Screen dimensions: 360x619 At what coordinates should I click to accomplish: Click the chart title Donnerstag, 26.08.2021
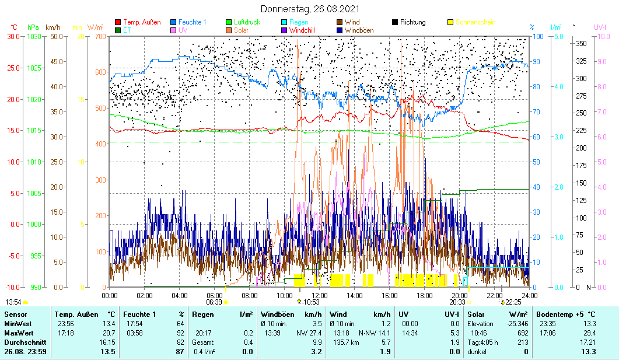[x=310, y=9]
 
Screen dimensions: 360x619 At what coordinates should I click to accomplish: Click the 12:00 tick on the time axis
[x=320, y=295]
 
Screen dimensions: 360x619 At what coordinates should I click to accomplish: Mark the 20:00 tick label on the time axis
[x=459, y=295]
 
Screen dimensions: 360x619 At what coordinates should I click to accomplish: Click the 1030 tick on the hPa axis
[x=34, y=36]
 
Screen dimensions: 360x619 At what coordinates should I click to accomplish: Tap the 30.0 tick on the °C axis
[x=13, y=36]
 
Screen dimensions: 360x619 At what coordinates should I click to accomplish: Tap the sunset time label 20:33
[x=457, y=302]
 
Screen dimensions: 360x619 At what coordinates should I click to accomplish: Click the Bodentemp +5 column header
[x=566, y=314]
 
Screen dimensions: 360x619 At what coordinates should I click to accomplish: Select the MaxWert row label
[x=18, y=333]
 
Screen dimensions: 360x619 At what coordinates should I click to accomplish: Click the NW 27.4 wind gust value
[x=309, y=333]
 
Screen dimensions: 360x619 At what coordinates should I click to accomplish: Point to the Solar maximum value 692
[x=522, y=333]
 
